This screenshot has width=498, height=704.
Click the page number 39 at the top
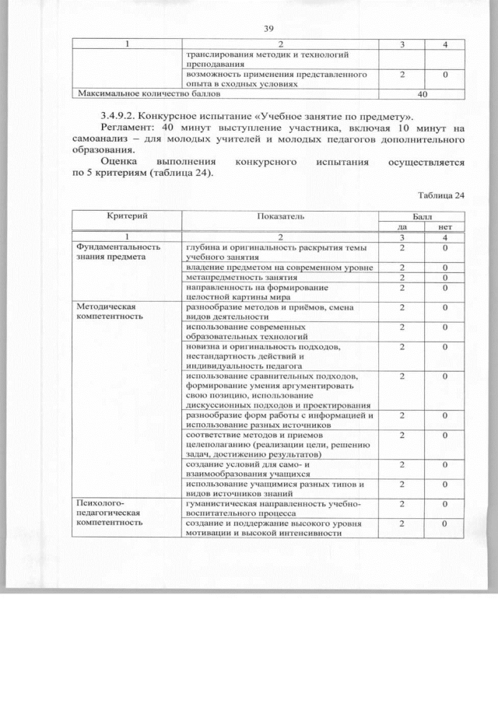[x=269, y=29]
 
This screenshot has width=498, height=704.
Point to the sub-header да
[x=402, y=226]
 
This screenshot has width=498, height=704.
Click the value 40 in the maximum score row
[x=423, y=93]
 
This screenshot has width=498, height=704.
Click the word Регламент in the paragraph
[x=116, y=128]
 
